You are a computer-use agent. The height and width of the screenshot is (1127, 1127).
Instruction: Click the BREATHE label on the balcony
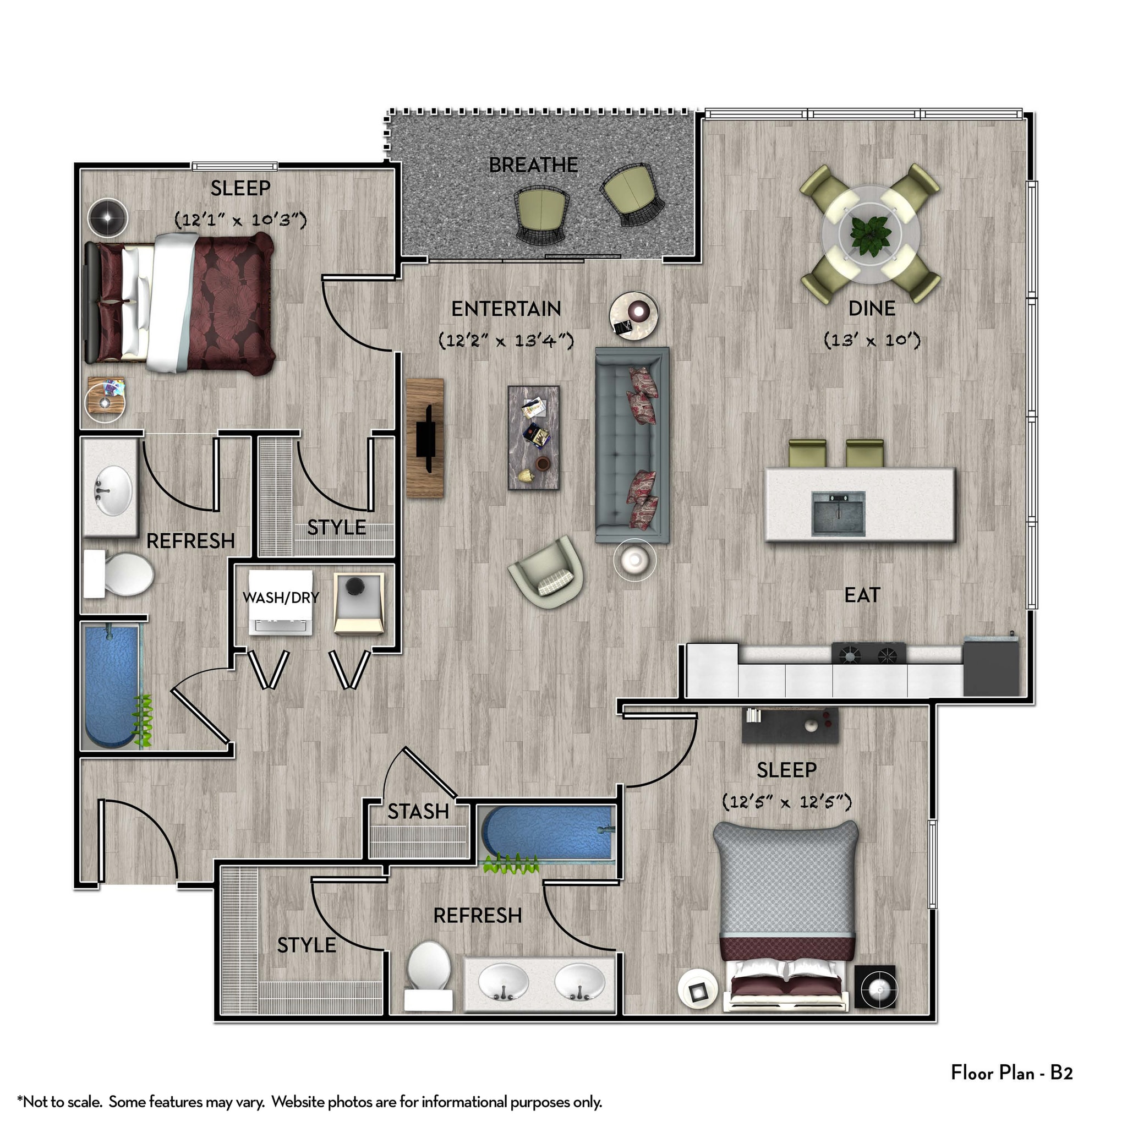[533, 165]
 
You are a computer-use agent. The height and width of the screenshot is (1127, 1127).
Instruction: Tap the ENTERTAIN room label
[506, 309]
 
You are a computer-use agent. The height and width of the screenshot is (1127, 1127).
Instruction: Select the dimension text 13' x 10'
[872, 340]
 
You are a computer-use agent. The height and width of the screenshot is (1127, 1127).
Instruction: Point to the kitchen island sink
[838, 513]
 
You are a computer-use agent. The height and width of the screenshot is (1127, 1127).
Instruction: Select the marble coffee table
[533, 437]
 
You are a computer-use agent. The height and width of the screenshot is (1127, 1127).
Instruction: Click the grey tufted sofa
[631, 446]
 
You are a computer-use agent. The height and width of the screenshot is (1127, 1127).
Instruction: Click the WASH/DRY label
[281, 597]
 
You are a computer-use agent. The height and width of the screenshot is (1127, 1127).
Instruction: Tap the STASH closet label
[418, 812]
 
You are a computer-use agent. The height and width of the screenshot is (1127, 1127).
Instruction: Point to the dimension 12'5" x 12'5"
[786, 801]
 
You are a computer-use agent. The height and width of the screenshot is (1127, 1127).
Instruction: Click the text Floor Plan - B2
[1011, 1071]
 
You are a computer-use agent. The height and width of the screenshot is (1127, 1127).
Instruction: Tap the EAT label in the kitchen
[862, 595]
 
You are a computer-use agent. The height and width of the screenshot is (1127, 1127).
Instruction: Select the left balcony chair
[541, 215]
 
